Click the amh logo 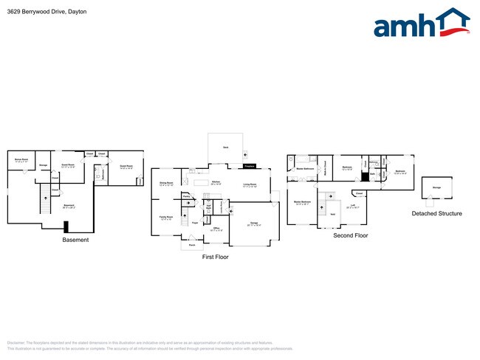point(422,24)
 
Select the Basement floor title point(75,240)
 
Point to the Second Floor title point(351,235)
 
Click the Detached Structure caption point(437,213)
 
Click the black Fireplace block point(250,166)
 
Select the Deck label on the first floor point(226,148)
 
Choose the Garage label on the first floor point(253,222)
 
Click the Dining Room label point(166,184)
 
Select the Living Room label point(250,185)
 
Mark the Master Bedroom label point(302,203)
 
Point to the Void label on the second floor point(332,214)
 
